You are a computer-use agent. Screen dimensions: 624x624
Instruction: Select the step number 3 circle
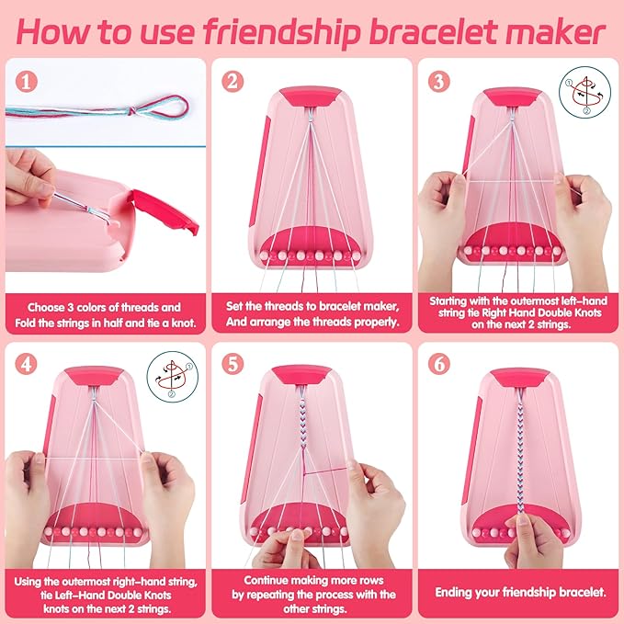point(439,82)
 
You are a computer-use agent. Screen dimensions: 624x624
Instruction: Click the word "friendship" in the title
point(292,31)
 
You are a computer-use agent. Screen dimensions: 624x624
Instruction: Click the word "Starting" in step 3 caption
point(459,300)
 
